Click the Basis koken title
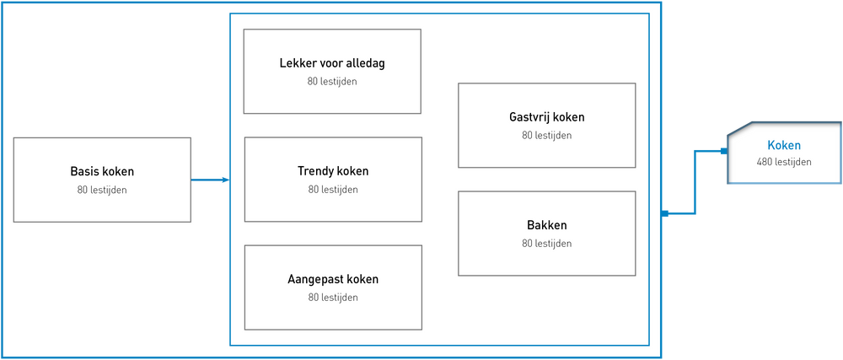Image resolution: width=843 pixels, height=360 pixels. [102, 172]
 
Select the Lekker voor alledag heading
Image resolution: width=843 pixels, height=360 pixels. [332, 63]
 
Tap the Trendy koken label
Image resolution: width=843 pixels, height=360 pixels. [333, 171]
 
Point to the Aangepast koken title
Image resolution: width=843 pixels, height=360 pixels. [333, 279]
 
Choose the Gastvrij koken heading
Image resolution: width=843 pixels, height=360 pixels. [547, 117]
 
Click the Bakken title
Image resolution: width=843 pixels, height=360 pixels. [547, 225]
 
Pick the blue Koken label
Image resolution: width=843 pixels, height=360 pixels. [784, 145]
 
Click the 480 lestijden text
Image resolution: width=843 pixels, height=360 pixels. [784, 161]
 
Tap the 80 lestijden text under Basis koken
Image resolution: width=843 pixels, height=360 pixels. [102, 190]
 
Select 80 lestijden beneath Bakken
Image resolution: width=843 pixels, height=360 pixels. [547, 244]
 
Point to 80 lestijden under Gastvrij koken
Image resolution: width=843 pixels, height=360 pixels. [547, 136]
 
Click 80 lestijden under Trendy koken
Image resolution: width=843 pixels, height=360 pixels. [333, 189]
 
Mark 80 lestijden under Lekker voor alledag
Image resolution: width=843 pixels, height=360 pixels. [332, 82]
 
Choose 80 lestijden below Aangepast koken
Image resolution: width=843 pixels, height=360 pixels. [333, 297]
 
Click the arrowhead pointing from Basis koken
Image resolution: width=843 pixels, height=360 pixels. [226, 180]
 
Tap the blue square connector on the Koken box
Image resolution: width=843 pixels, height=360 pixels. [724, 152]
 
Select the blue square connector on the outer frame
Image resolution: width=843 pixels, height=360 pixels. [664, 214]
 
